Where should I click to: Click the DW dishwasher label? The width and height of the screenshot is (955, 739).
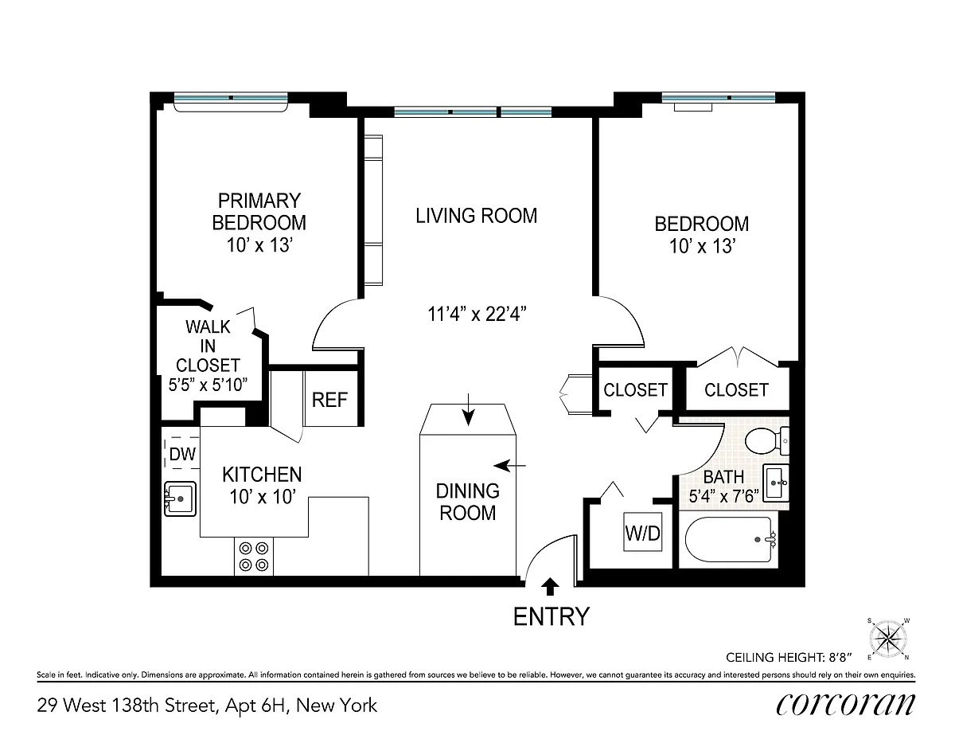click(x=182, y=454)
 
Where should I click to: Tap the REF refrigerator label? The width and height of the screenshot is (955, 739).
click(x=329, y=400)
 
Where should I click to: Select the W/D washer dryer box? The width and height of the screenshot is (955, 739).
click(x=642, y=533)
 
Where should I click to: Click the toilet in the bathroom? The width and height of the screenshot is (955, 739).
click(x=767, y=441)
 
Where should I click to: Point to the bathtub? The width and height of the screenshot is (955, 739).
click(x=731, y=539)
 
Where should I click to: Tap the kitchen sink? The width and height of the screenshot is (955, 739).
click(x=180, y=499)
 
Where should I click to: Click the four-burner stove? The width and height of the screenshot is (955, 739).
click(x=254, y=556)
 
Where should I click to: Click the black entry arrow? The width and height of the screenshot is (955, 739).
click(x=550, y=586)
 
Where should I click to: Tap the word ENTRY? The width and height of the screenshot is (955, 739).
click(x=551, y=616)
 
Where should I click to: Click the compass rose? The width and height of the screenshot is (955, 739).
click(x=888, y=639)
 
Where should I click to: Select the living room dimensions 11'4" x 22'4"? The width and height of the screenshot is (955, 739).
click(x=477, y=315)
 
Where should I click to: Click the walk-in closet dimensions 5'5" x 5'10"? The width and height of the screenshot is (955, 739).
click(x=208, y=385)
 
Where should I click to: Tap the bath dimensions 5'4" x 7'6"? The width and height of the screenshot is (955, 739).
click(x=724, y=496)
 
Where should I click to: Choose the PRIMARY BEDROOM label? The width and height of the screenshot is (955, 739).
click(x=259, y=212)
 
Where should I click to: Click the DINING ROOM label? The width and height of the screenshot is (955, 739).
click(x=468, y=502)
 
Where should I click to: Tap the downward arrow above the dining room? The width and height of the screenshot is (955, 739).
click(x=469, y=409)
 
